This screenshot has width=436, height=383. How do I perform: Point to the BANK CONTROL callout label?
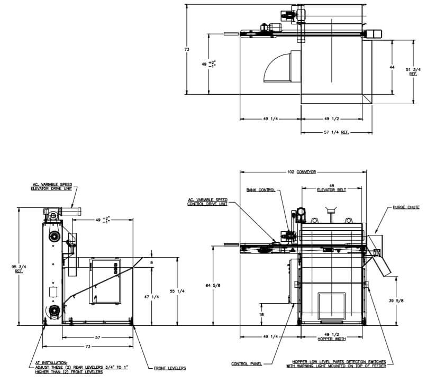click(260, 190)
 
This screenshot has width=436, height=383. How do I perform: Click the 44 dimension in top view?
click(392, 67)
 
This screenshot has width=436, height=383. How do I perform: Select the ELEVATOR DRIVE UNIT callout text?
click(51, 187)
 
